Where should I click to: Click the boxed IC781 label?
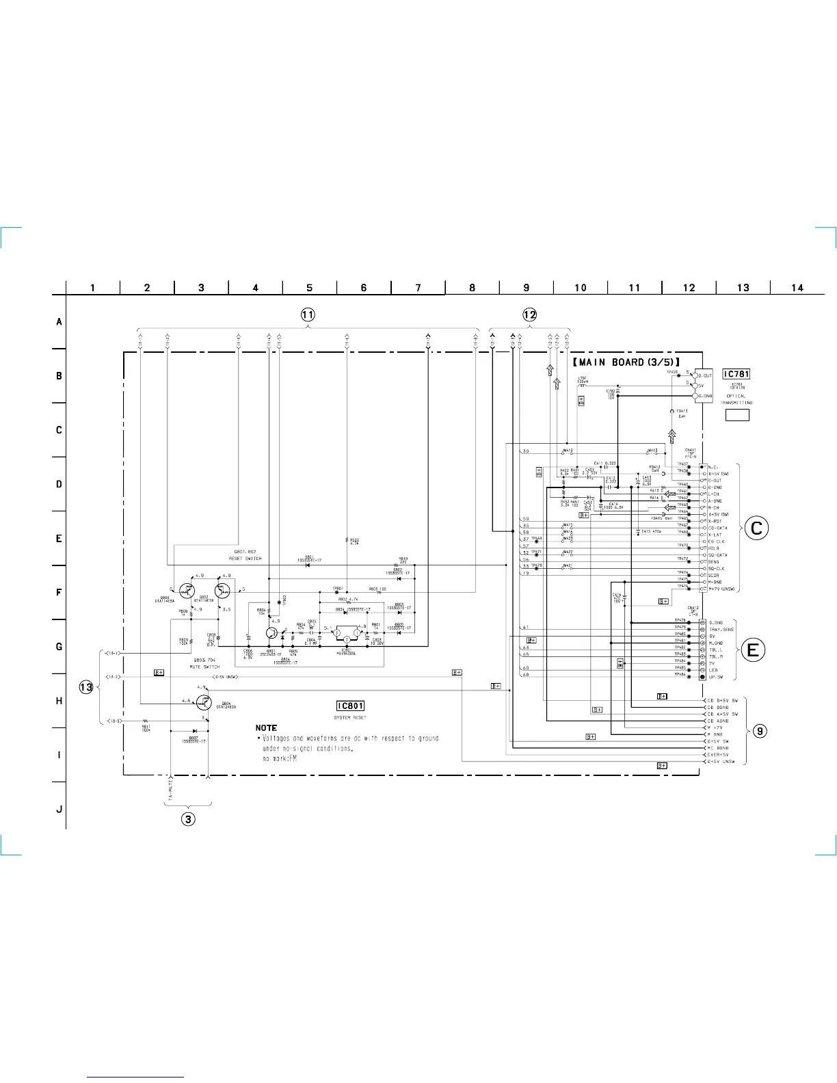(x=736, y=374)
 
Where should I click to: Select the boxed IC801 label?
(x=350, y=706)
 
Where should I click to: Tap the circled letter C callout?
(x=756, y=528)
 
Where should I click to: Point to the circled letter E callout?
(x=753, y=650)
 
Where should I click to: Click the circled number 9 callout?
(x=760, y=732)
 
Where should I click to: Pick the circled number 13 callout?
(x=85, y=687)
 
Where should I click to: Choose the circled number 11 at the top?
(x=308, y=315)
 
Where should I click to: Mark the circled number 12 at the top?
(x=529, y=315)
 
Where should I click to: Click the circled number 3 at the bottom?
(x=187, y=818)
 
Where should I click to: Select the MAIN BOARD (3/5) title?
(x=626, y=362)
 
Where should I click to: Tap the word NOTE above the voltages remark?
(x=266, y=727)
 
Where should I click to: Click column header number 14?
(x=797, y=288)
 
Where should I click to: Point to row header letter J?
(x=59, y=810)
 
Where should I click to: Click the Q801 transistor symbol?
(x=271, y=634)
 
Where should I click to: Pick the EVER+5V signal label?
(x=718, y=755)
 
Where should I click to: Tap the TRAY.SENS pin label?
(x=721, y=629)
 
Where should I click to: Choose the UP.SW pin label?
(x=716, y=677)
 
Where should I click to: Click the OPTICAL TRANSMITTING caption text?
(x=736, y=399)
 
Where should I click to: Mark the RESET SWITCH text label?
(x=245, y=559)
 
